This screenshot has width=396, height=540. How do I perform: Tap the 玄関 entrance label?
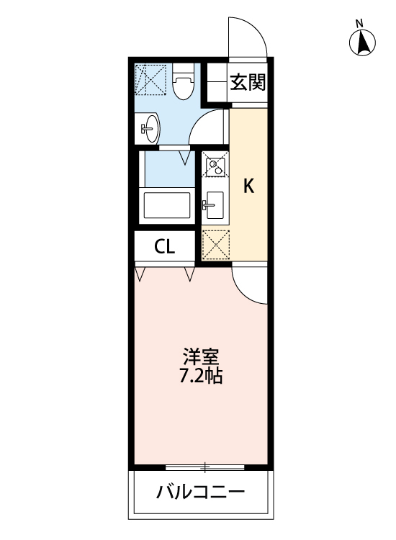248,82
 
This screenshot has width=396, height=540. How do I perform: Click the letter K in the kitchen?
248,186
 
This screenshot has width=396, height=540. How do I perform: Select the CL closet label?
165,247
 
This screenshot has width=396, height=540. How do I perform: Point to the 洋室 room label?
200,357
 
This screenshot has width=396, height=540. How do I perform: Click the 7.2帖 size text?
200,375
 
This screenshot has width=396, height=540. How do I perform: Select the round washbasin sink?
150,129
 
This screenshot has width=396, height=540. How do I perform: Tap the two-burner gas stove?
214,166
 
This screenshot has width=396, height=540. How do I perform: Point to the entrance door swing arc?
249,35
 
